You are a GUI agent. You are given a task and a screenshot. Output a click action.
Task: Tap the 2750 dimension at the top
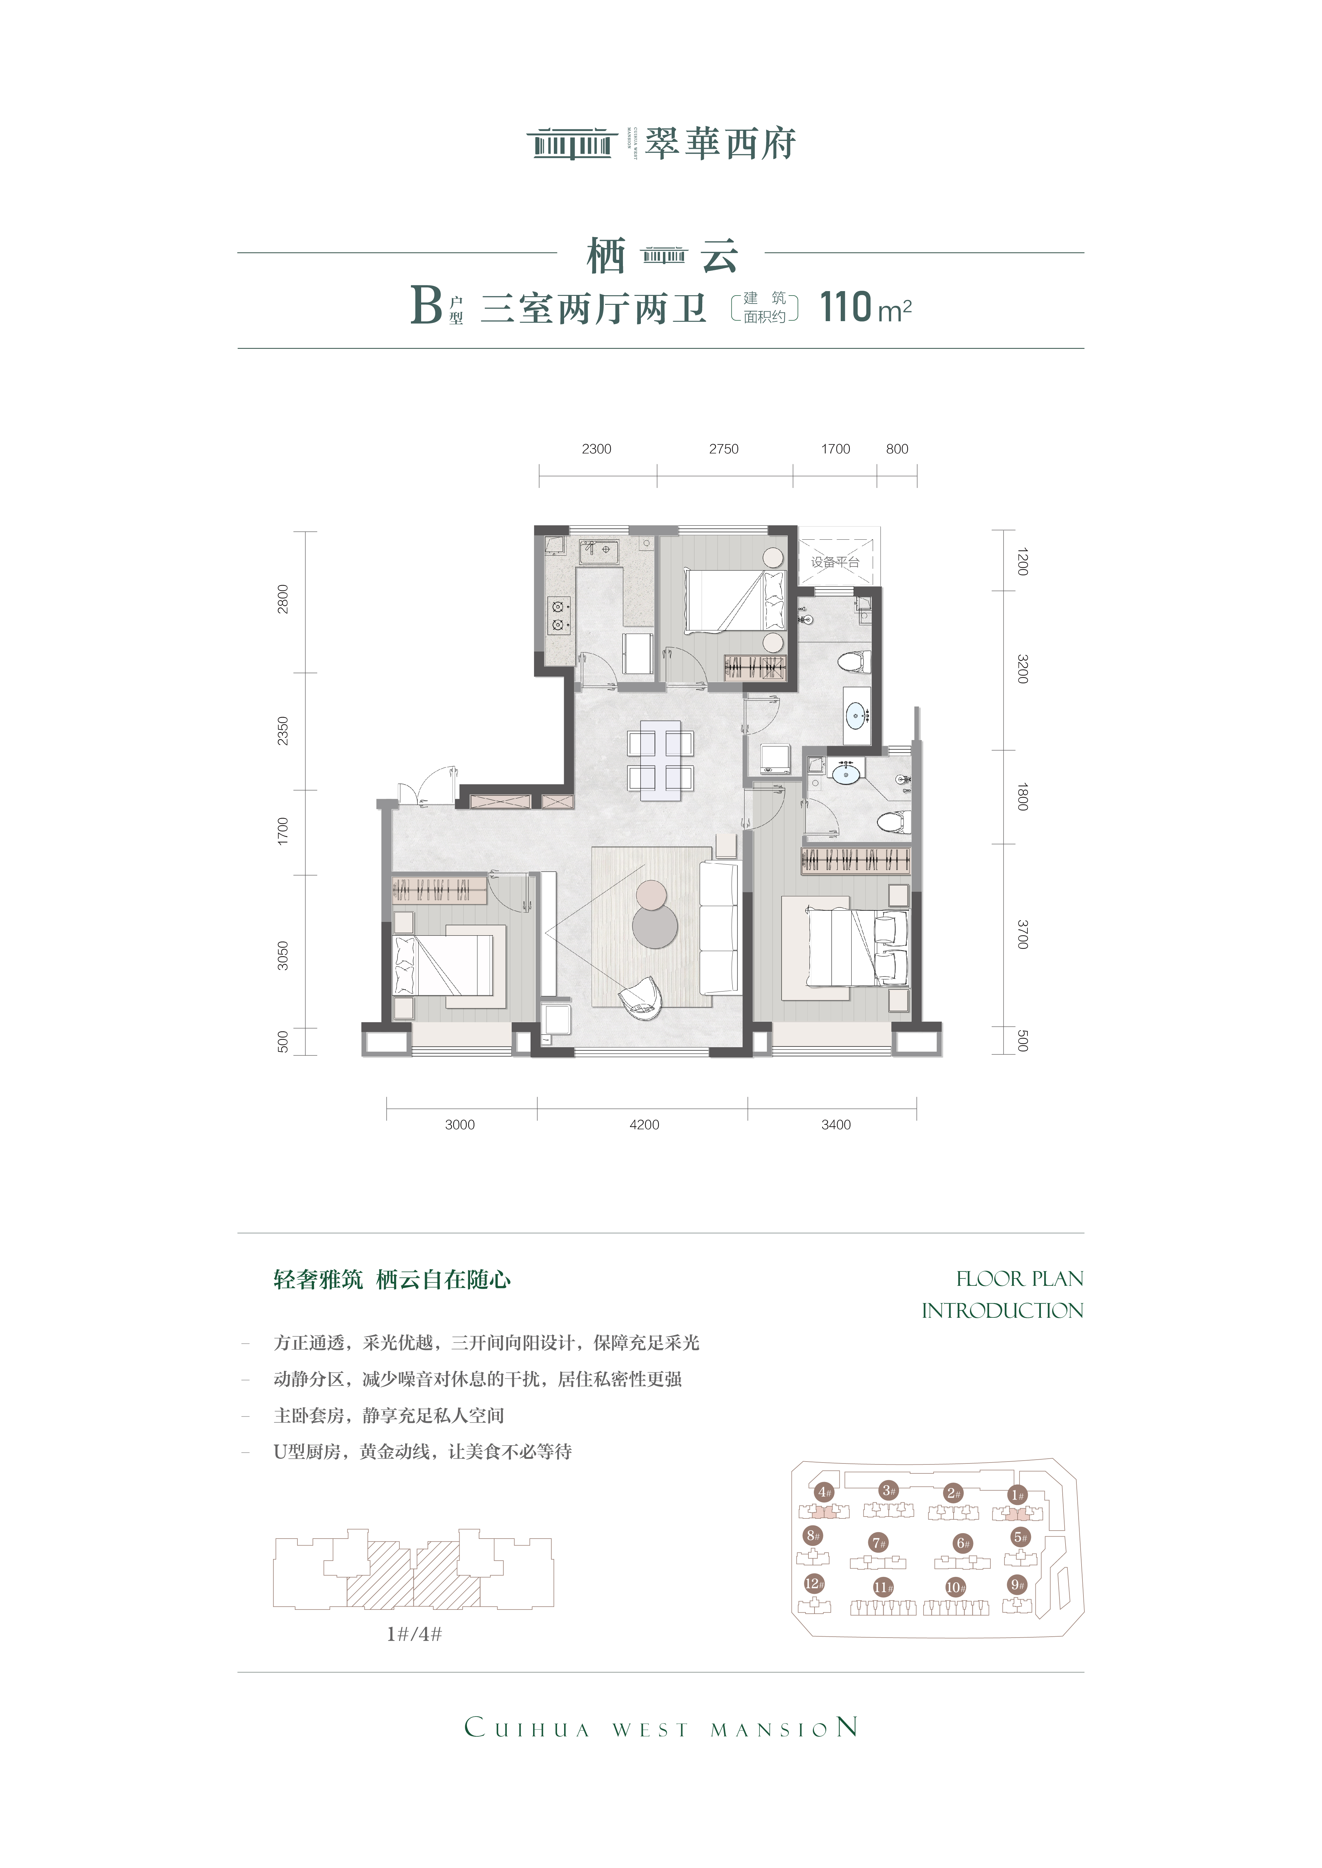(x=724, y=449)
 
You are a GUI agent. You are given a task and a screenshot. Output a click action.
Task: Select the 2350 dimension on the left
(x=282, y=730)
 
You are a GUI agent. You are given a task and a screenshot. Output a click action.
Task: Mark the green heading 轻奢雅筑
(x=318, y=1280)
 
